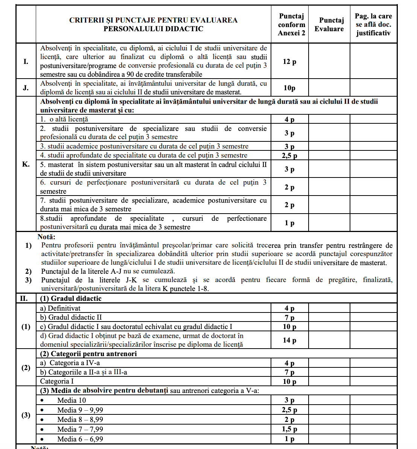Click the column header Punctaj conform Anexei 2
click(291, 24)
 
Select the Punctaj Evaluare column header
click(329, 24)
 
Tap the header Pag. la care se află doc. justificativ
click(373, 24)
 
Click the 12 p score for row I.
click(289, 62)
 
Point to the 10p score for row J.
click(289, 88)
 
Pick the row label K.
click(26, 164)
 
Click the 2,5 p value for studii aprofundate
click(289, 156)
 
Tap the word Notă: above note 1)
click(46, 237)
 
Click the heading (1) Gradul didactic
click(71, 299)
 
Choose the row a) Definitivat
click(61, 308)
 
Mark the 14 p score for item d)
click(289, 340)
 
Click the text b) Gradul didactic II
click(71, 317)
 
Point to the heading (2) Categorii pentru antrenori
click(88, 354)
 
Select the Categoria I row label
click(57, 381)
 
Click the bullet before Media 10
click(43, 400)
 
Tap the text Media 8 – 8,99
click(80, 420)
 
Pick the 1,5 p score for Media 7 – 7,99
click(289, 429)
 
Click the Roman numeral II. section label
click(24, 299)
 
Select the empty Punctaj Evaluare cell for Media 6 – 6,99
click(329, 439)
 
